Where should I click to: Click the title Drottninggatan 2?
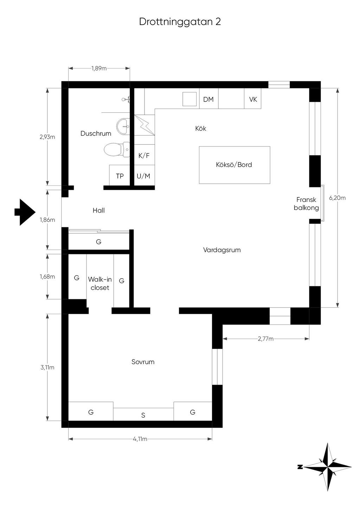tap(180, 22)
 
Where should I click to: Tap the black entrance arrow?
tap(25, 212)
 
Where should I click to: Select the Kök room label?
tap(201, 128)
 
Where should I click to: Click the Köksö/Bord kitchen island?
tap(234, 165)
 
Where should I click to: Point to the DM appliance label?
tap(208, 99)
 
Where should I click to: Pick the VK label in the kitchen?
tap(253, 99)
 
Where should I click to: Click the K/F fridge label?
tap(144, 156)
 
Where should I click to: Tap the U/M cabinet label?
tap(143, 176)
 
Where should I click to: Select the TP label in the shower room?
tap(120, 176)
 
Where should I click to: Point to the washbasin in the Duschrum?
tap(123, 126)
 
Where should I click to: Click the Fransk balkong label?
tap(306, 204)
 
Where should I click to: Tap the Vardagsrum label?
tap(222, 250)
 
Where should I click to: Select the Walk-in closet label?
tap(100, 283)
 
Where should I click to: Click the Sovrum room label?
tap(143, 362)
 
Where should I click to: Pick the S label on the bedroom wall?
tap(143, 415)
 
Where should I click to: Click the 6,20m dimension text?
tap(337, 198)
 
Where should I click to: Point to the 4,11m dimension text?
tap(140, 439)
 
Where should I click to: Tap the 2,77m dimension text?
tap(265, 339)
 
